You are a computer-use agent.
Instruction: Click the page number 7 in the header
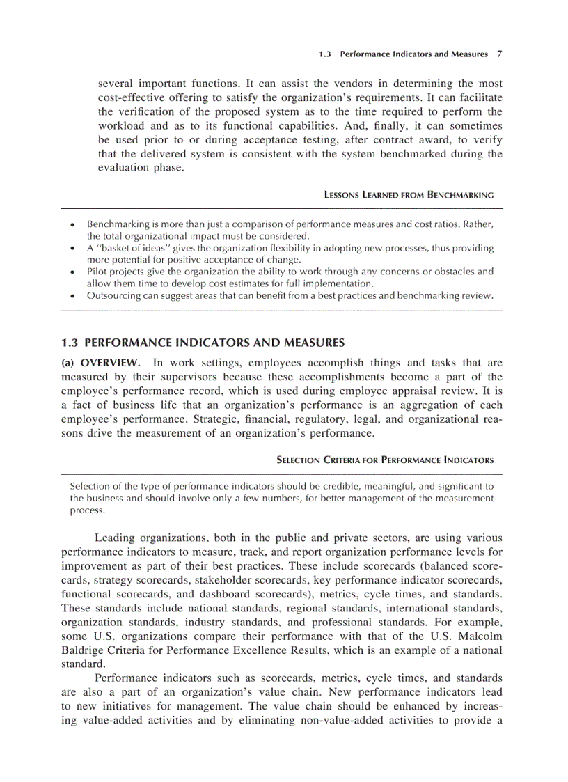(x=499, y=54)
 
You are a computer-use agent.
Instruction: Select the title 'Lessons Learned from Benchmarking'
(x=409, y=195)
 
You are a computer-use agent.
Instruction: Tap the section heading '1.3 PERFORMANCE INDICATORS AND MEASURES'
(x=203, y=343)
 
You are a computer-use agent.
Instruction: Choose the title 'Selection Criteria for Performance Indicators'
(x=385, y=460)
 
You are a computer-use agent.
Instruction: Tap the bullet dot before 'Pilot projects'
(x=72, y=272)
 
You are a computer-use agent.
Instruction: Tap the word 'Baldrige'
(x=82, y=650)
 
